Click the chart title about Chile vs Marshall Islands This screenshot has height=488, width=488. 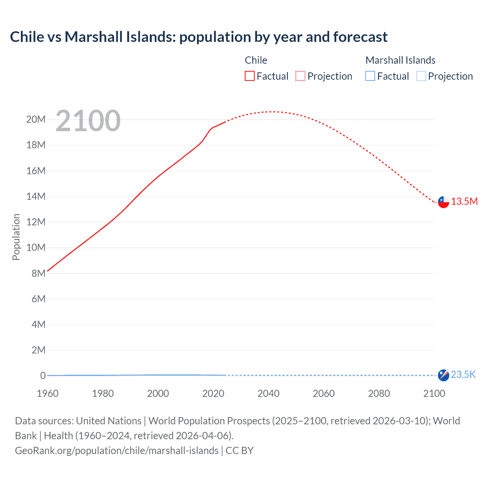click(199, 37)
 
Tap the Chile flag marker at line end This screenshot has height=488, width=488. click(443, 202)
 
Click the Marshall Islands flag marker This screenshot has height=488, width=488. click(443, 375)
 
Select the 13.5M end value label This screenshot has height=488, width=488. click(464, 202)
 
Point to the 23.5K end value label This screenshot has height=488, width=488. click(463, 375)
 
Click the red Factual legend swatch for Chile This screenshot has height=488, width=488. click(249, 76)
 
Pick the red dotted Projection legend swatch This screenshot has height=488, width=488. click(300, 76)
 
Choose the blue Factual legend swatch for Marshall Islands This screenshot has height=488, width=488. click(370, 76)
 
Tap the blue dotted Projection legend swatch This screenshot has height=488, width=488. click(421, 76)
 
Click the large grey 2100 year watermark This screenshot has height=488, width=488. click(88, 121)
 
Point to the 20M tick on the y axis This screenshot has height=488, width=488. click(36, 120)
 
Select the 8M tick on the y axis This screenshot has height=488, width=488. click(39, 273)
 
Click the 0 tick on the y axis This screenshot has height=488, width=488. click(43, 376)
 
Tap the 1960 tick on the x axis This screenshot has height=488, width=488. click(48, 393)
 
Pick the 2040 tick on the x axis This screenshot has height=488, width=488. click(268, 393)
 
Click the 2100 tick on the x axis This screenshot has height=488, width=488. click(434, 393)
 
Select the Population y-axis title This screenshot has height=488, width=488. click(16, 237)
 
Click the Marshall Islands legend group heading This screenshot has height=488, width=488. click(400, 60)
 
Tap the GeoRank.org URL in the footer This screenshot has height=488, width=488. click(117, 451)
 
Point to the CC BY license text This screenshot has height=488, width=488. click(239, 451)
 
